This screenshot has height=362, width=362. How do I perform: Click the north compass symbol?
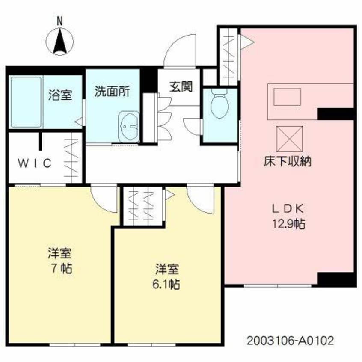coord(60,42)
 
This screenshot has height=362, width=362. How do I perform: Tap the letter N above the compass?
coord(60,20)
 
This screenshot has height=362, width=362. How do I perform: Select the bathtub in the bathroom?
coord(26,101)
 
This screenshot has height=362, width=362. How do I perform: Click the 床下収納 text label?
coord(287,162)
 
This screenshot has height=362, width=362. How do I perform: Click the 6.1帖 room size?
coord(167,283)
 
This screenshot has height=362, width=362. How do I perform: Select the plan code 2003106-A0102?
coord(290,341)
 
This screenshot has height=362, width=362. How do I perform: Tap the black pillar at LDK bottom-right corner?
coord(336,279)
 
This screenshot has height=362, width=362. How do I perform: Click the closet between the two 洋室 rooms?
coord(143,205)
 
